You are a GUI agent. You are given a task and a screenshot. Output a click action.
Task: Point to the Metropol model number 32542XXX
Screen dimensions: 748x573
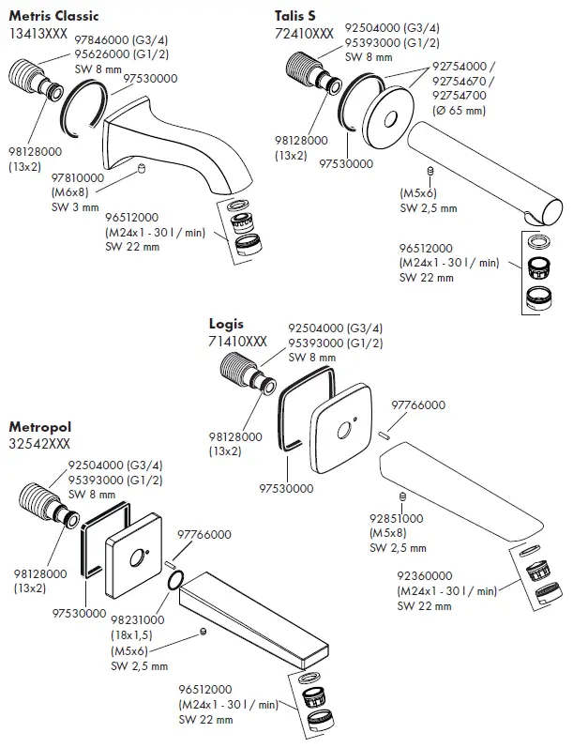pos(39,441)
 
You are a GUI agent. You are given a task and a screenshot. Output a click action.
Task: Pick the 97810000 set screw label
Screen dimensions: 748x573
pos(78,177)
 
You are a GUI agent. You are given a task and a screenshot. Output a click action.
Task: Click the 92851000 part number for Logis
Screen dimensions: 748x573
pos(396,518)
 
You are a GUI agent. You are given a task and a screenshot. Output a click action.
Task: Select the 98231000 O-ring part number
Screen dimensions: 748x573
pos(138,620)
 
